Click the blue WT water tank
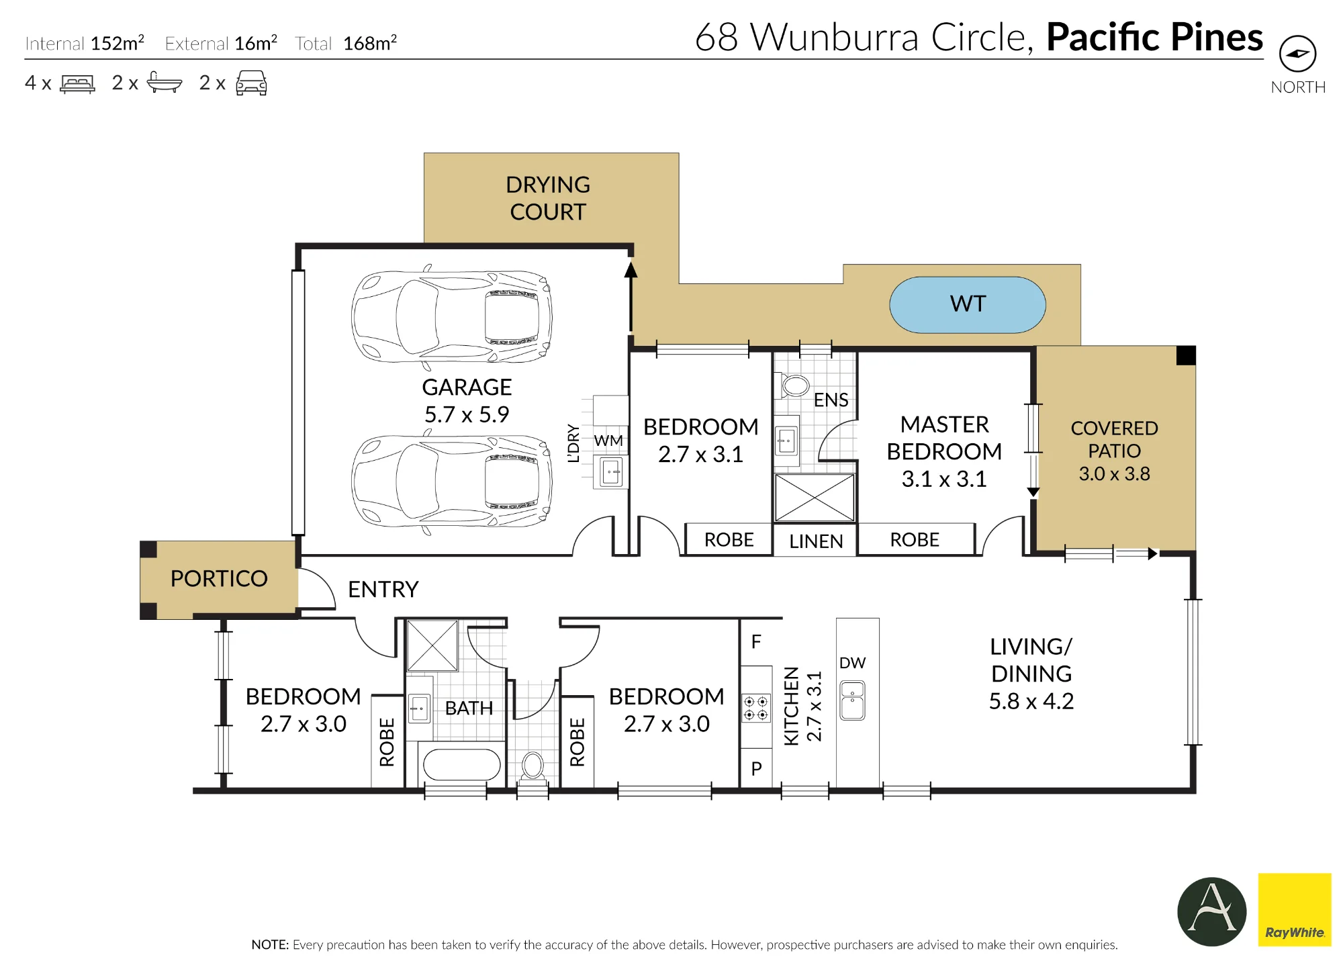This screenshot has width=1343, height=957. click(x=967, y=305)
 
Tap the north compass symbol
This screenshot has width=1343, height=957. click(x=1297, y=54)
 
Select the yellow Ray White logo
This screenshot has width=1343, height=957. click(x=1294, y=909)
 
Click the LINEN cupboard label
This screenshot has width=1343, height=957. click(x=816, y=541)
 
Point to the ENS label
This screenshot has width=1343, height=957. click(x=831, y=400)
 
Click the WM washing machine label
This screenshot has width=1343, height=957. click(x=608, y=441)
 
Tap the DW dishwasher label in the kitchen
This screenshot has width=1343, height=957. click(x=852, y=663)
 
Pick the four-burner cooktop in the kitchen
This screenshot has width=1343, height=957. click(x=756, y=708)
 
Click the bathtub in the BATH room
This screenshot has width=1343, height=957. click(x=462, y=764)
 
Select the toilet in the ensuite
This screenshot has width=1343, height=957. click(x=795, y=385)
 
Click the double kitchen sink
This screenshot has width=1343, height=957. click(x=853, y=700)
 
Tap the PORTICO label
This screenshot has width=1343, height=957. click(x=219, y=578)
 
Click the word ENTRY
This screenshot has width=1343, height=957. click(x=383, y=590)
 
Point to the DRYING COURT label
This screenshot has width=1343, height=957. click(x=548, y=198)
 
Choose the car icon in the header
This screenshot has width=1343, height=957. click(x=251, y=83)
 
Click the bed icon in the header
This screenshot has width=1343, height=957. click(x=77, y=83)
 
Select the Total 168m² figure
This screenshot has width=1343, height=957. click(x=346, y=44)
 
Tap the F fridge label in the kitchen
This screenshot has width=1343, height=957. click(x=756, y=642)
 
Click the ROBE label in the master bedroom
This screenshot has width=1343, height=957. click(x=915, y=540)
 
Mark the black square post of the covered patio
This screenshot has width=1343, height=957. click(x=1186, y=355)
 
